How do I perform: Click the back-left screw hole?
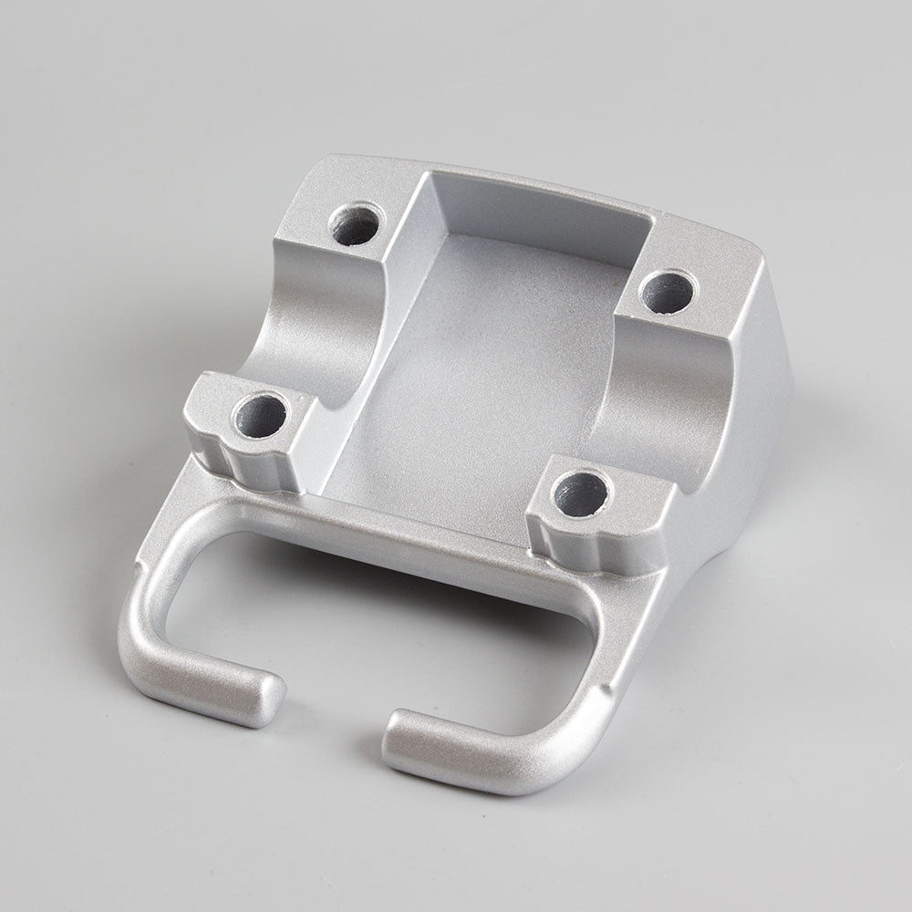click(x=355, y=225)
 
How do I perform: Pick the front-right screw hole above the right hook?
click(x=581, y=492)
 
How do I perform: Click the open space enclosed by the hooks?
click(x=365, y=611)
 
